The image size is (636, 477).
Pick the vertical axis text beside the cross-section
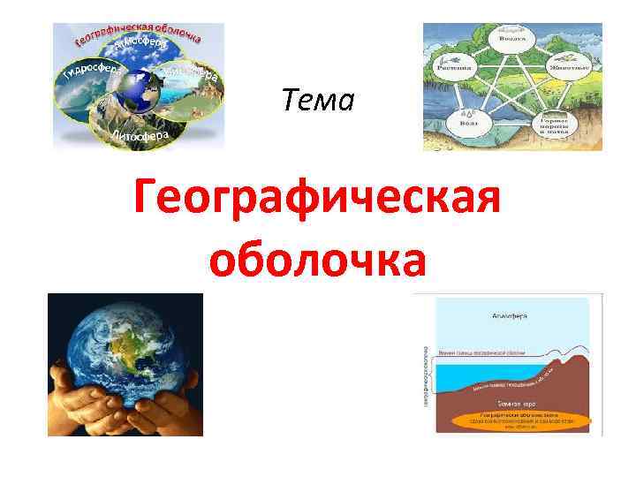tap(428, 375)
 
